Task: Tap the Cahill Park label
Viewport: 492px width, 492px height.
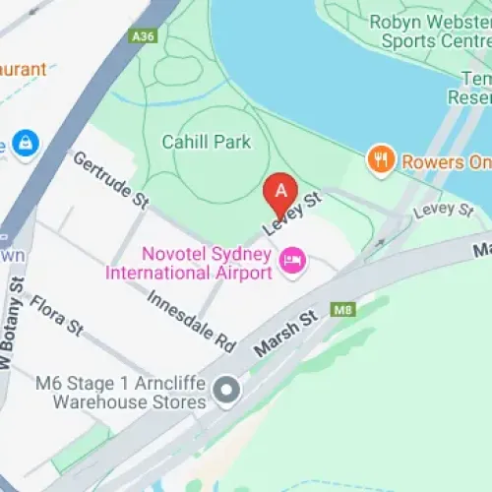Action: pyautogui.click(x=209, y=142)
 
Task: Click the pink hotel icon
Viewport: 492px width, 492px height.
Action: pyautogui.click(x=292, y=260)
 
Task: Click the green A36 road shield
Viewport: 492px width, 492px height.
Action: pyautogui.click(x=143, y=36)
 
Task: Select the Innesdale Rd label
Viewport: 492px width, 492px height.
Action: pyautogui.click(x=192, y=320)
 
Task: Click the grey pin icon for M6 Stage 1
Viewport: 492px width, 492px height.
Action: pyautogui.click(x=227, y=392)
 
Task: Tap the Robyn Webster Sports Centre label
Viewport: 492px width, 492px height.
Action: pyautogui.click(x=430, y=31)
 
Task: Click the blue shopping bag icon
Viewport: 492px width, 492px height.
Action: pyautogui.click(x=25, y=143)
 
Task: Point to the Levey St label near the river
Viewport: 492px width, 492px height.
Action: pyautogui.click(x=444, y=210)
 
